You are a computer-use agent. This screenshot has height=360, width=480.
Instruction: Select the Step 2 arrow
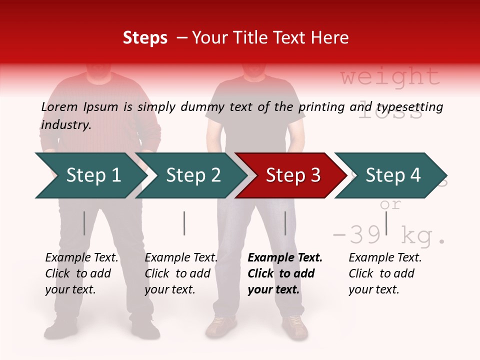pos(190,175)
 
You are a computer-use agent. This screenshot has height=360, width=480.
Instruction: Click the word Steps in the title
pos(145,38)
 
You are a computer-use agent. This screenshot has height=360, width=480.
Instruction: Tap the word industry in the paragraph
pos(65,124)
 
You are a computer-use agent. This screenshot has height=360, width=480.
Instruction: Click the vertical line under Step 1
pos(84,223)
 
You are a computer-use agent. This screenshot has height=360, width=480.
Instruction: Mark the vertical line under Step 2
pos(184,223)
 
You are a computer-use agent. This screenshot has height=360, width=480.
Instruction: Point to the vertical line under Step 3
pos(285,223)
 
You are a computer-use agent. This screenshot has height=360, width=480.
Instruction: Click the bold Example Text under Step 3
pos(285,258)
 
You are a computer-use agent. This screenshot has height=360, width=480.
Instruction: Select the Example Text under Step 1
pos(81,258)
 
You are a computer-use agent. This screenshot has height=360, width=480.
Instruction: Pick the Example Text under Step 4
pos(385,258)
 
